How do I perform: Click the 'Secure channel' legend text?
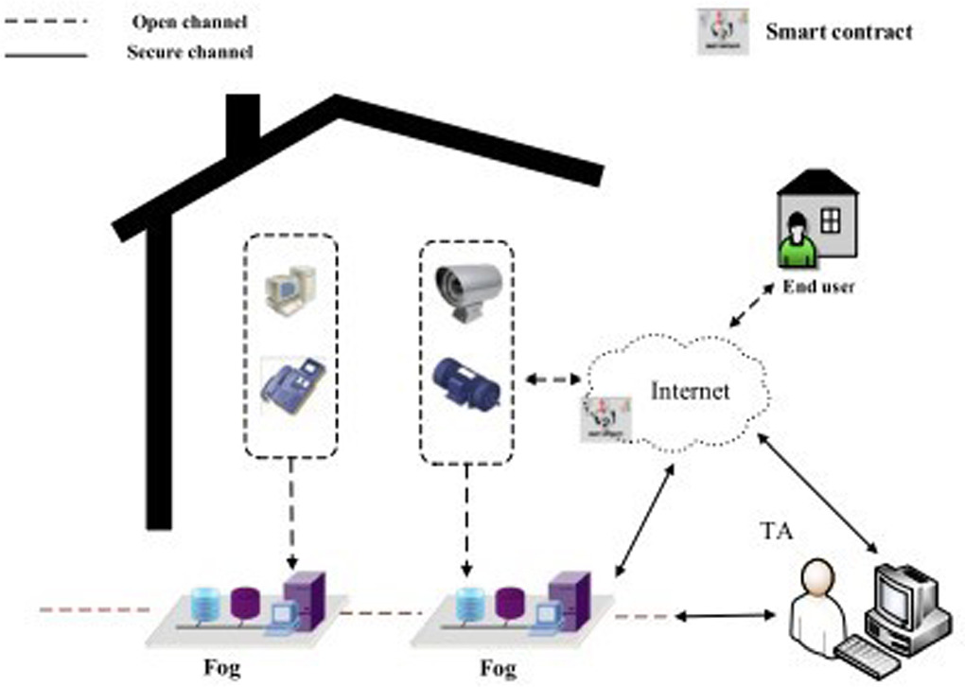coord(189,52)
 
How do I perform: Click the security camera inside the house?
coord(465,290)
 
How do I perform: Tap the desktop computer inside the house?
coord(289,290)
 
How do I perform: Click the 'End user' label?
coord(817,288)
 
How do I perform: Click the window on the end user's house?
coord(831,220)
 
